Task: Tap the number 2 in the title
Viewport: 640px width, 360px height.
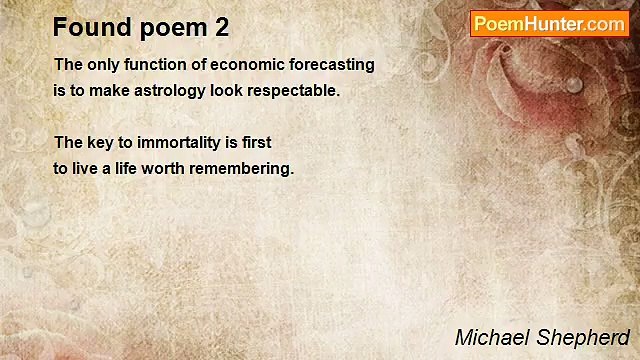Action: [221, 27]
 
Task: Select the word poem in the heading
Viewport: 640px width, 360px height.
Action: [171, 27]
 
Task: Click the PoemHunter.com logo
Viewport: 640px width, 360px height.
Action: [549, 23]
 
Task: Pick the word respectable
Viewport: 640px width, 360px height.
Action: [298, 90]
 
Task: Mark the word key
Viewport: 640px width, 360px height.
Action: [100, 143]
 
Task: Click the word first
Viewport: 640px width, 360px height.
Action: [257, 143]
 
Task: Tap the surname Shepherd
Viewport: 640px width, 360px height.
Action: [584, 336]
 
